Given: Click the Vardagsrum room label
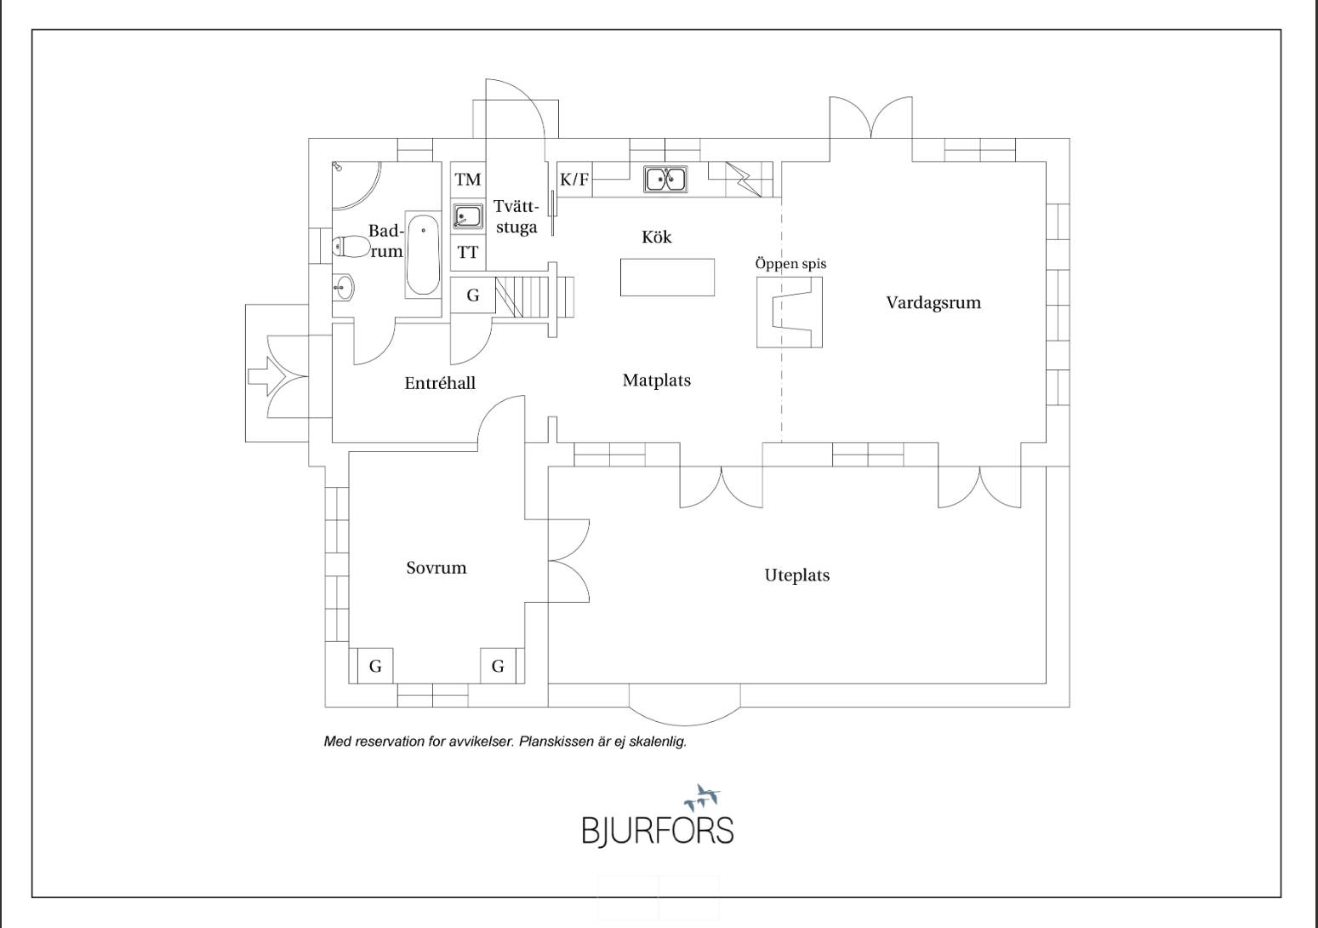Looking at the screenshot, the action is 933,302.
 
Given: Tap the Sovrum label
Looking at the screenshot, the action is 436,568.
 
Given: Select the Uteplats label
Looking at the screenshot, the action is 797,576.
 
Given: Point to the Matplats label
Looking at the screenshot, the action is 657,381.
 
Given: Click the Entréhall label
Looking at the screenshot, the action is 440,383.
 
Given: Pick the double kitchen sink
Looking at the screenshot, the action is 665,180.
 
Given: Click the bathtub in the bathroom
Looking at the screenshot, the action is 423,255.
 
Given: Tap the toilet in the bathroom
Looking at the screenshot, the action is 350,246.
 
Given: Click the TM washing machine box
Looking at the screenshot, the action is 468,179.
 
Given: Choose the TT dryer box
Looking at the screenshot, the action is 468,253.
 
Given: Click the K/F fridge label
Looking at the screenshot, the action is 574,180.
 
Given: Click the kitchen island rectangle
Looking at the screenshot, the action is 667,278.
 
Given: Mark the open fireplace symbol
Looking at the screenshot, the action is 790,312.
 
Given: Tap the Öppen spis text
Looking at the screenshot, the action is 790,264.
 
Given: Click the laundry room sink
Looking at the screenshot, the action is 468,216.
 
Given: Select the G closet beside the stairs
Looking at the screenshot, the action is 472,295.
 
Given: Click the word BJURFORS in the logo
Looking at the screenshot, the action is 657,829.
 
